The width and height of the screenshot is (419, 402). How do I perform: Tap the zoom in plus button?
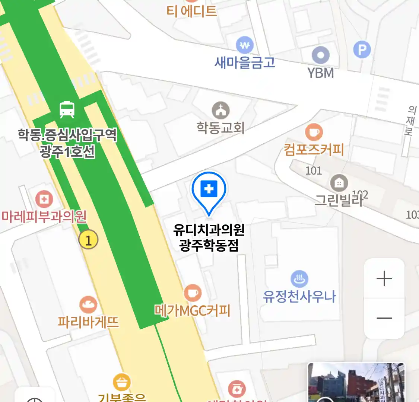(x=384, y=279)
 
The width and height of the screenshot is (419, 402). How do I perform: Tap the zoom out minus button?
(x=384, y=318)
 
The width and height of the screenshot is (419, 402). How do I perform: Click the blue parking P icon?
(x=362, y=50)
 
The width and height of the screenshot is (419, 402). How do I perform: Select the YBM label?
(x=321, y=73)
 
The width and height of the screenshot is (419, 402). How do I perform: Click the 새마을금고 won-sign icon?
(x=244, y=45)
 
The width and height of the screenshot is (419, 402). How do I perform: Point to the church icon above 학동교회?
(x=221, y=110)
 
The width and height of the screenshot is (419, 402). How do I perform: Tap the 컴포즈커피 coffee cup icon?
(x=314, y=132)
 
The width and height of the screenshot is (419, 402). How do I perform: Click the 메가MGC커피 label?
(x=193, y=310)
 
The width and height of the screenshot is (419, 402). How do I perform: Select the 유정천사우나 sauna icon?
(x=299, y=279)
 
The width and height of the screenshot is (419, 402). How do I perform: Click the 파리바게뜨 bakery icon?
(x=88, y=305)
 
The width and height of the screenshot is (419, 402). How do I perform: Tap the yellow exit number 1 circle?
(x=88, y=240)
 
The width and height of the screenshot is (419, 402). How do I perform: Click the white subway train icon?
(x=67, y=109)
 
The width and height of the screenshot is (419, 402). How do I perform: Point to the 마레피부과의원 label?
(x=44, y=216)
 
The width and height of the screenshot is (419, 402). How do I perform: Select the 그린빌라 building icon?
(x=339, y=183)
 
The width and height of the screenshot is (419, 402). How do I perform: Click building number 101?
(x=314, y=171)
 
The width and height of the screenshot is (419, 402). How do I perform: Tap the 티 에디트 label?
(x=191, y=11)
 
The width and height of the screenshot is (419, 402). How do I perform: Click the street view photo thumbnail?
(x=356, y=383)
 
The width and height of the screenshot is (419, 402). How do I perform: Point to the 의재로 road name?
(x=410, y=121)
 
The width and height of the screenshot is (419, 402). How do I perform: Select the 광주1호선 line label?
(x=67, y=151)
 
